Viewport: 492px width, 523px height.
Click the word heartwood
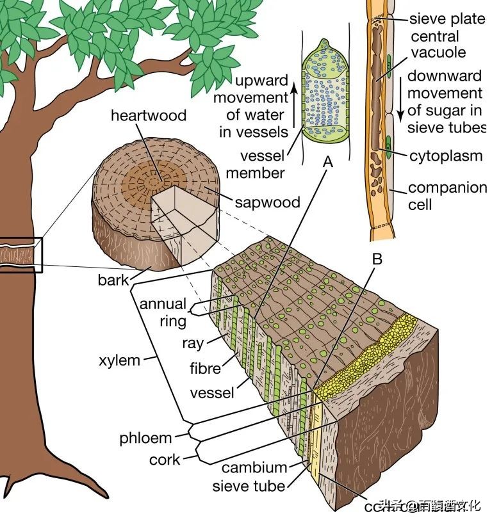148,116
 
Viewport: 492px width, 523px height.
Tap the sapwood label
267,202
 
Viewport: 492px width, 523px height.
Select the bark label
113,280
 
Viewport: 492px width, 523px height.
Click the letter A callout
328,163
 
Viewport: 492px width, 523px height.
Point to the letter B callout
377,259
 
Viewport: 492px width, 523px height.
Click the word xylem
119,360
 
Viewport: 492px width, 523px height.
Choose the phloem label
146,439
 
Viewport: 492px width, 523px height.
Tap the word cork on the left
165,460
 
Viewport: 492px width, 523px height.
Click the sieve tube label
249,487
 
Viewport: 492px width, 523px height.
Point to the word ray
193,343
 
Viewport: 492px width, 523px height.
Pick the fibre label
205,368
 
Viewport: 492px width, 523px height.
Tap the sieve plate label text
447,19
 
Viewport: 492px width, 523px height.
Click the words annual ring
163,312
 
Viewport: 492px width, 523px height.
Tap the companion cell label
447,197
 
